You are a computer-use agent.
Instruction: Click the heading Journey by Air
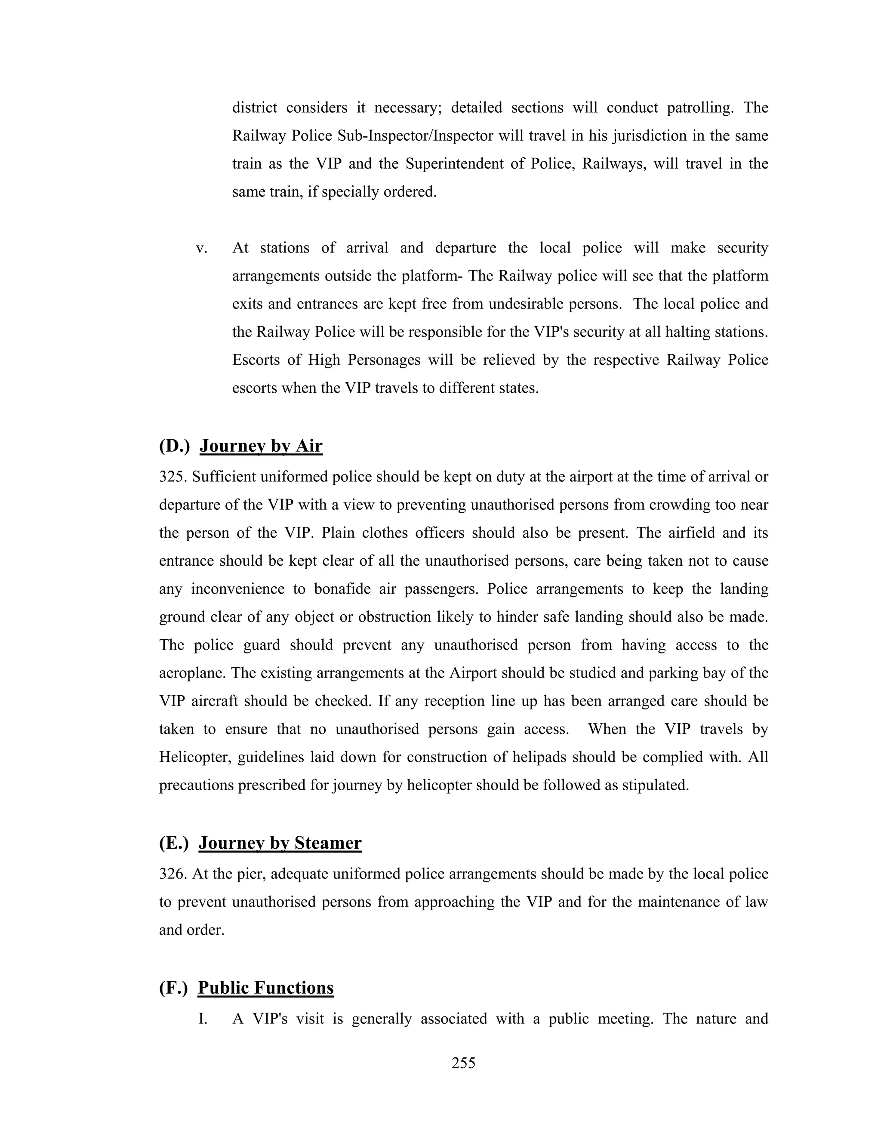click(261, 446)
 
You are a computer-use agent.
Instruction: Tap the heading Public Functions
click(266, 988)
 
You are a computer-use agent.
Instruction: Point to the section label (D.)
click(174, 446)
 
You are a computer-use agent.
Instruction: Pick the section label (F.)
click(173, 988)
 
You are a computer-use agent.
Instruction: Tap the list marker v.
click(201, 248)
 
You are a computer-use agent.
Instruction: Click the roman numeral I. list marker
click(203, 1018)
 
